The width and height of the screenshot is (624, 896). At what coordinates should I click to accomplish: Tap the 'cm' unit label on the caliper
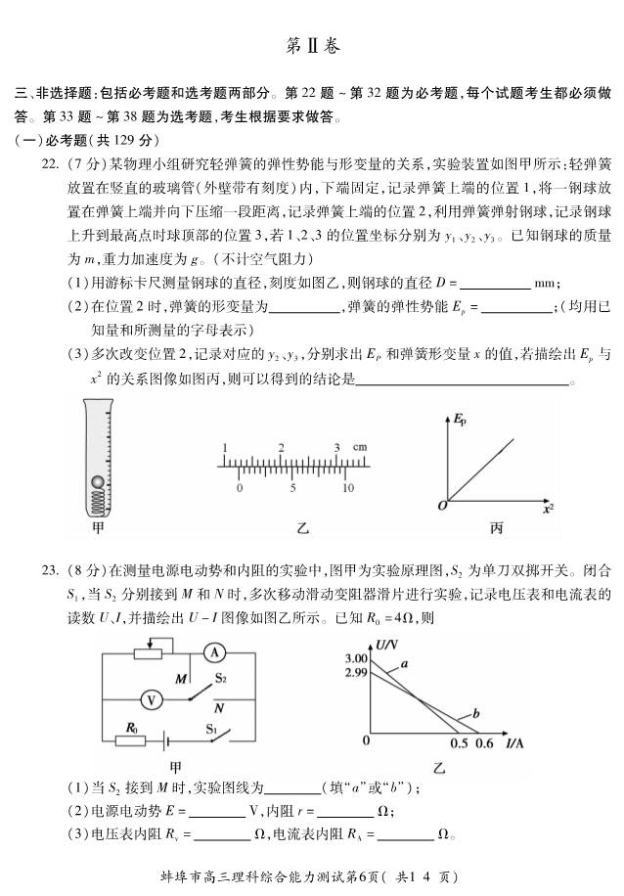(x=360, y=448)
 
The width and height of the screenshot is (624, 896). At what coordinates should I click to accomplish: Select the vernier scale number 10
(x=347, y=487)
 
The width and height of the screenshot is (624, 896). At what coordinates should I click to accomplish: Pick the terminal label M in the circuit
(x=181, y=678)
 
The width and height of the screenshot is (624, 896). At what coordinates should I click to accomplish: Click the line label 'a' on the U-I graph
(x=402, y=665)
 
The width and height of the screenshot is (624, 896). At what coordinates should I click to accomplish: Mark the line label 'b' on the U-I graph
(x=474, y=714)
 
